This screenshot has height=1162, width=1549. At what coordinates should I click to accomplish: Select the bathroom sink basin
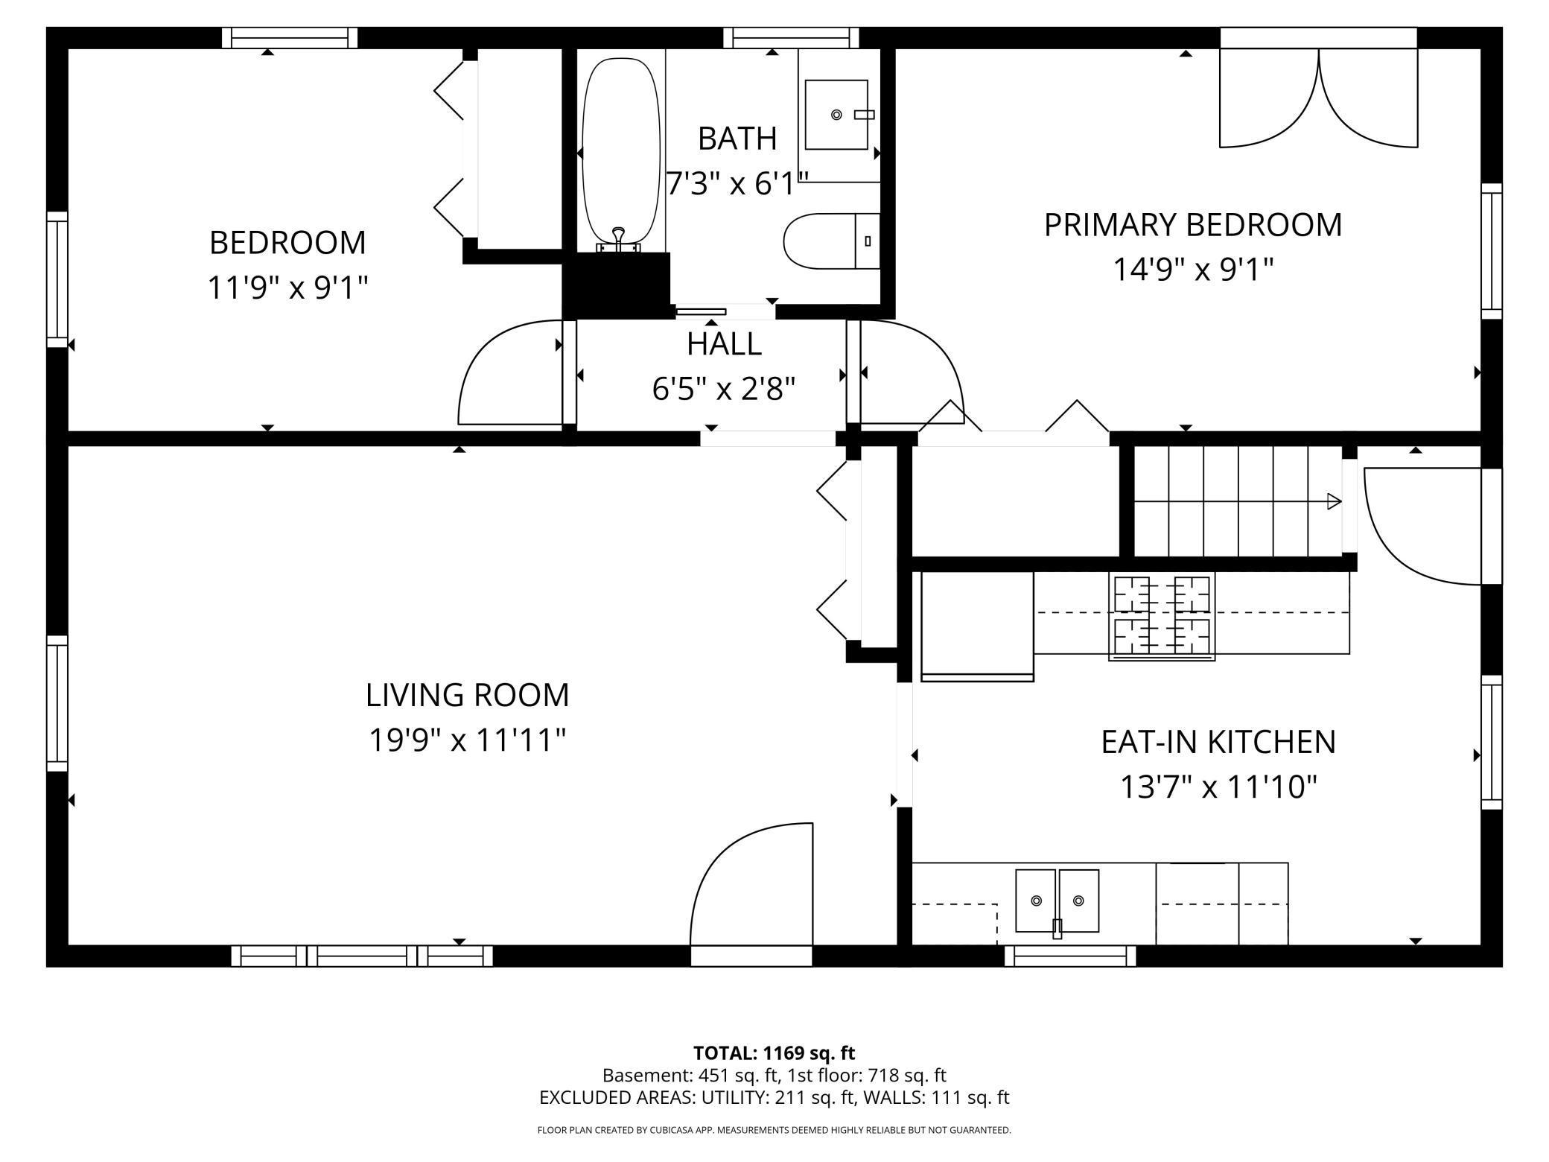[836, 115]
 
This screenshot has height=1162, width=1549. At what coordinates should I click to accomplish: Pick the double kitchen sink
[1057, 901]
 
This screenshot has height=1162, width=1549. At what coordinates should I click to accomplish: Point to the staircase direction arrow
[1333, 501]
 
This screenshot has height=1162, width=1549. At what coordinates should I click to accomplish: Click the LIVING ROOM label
[467, 695]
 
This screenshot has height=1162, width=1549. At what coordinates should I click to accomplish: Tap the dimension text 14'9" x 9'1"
[1192, 270]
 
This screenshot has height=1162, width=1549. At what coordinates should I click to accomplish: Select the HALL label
[724, 344]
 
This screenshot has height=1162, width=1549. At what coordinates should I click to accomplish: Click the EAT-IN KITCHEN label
[1218, 742]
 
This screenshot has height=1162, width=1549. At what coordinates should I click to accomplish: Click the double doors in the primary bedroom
[1318, 101]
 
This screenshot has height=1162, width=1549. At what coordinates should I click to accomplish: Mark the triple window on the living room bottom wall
[361, 956]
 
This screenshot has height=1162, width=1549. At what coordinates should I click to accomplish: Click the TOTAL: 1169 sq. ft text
[774, 1053]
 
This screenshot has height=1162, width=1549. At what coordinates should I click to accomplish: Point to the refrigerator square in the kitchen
[977, 624]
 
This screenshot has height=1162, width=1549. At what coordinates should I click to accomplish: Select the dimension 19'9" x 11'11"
[467, 740]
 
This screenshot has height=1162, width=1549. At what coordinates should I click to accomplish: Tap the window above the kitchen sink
[1069, 956]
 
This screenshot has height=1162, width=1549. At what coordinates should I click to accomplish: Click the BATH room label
[737, 139]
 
